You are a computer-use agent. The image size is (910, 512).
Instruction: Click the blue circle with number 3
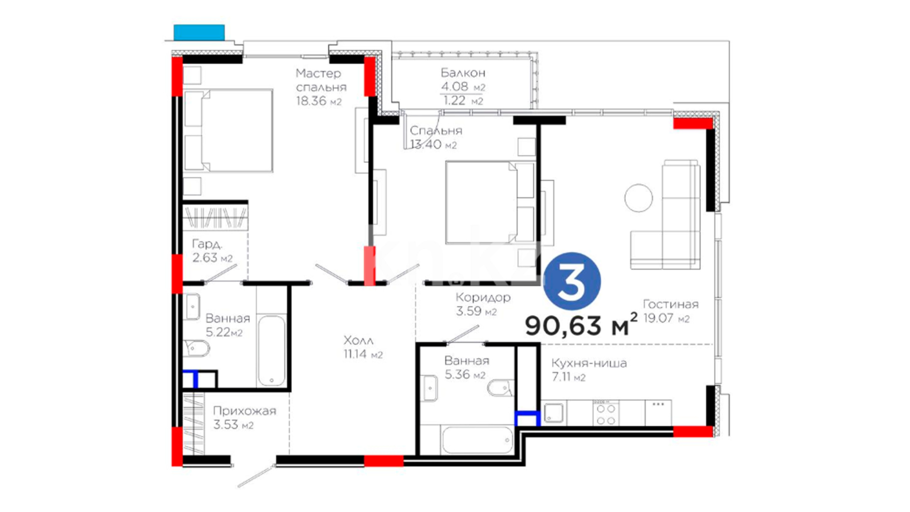coord(572,281)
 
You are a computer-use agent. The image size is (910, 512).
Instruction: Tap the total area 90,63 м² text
coord(581,325)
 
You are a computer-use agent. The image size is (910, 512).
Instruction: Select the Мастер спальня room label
coord(321,80)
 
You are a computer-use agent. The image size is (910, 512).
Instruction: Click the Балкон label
coord(463,73)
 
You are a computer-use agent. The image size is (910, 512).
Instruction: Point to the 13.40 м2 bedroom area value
coord(433,145)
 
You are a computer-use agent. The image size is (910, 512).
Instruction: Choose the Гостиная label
coord(671,304)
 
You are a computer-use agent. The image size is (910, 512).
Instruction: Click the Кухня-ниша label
coord(589,363)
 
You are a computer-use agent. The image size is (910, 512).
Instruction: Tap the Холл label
coord(358,340)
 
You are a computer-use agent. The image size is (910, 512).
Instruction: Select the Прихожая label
coord(245,411)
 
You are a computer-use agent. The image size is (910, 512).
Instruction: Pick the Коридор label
coord(483,298)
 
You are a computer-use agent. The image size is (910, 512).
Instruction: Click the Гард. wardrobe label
coord(207,244)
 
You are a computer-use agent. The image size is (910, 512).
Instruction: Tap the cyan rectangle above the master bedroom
coord(199,32)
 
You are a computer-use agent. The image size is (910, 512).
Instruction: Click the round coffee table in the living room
coord(638,198)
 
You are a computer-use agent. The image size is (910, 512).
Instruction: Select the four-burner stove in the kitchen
coord(606,414)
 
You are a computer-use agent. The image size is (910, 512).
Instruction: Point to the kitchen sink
coord(554,412)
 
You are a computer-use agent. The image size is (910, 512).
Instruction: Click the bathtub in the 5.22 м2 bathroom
coord(272,351)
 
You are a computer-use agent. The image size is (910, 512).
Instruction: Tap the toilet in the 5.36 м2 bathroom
coord(500,388)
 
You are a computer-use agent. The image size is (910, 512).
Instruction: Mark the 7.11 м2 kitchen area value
coord(569,377)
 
